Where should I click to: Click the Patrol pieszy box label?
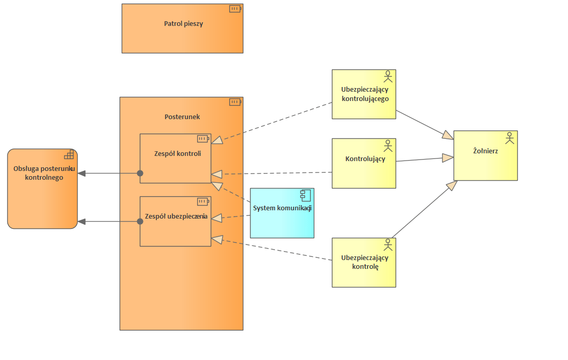coord(183,24)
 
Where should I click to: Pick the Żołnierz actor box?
coord(485,163)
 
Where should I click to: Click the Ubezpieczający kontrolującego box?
coord(363,106)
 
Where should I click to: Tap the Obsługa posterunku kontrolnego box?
coord(42,199)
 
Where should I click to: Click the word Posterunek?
coord(182,117)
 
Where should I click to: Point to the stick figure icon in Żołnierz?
coord(509,138)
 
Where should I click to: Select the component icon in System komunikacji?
coord(305,195)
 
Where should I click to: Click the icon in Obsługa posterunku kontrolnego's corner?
coord(69,155)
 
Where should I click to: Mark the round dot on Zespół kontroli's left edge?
coord(140,173)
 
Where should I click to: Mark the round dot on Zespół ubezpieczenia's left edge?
coord(140,222)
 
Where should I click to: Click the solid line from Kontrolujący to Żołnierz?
coord(419,160)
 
